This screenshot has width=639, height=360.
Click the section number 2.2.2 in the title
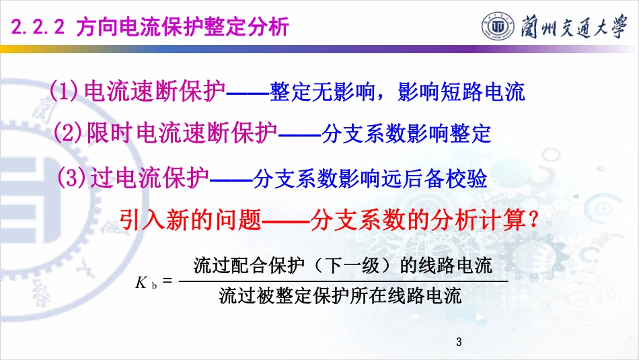click(x=38, y=27)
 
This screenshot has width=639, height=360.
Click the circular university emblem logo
click(x=498, y=26)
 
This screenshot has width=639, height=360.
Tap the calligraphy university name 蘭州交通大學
click(x=573, y=26)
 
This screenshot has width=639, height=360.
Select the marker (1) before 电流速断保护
click(x=64, y=90)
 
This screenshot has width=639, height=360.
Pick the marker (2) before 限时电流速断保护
click(x=68, y=133)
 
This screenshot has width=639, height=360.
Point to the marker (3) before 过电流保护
click(x=71, y=178)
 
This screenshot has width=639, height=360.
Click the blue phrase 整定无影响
click(x=322, y=92)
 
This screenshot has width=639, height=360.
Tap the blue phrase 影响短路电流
click(x=461, y=92)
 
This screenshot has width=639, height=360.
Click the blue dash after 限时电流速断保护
click(x=299, y=135)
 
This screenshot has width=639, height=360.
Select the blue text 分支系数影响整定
click(x=406, y=133)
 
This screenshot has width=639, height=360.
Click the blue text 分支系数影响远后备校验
click(x=370, y=178)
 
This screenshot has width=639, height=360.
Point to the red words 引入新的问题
click(x=190, y=220)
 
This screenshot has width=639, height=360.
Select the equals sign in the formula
click(x=167, y=281)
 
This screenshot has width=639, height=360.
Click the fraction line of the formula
click(x=343, y=281)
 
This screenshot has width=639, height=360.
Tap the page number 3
click(x=459, y=342)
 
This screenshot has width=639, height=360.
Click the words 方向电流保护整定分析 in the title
click(x=182, y=27)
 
